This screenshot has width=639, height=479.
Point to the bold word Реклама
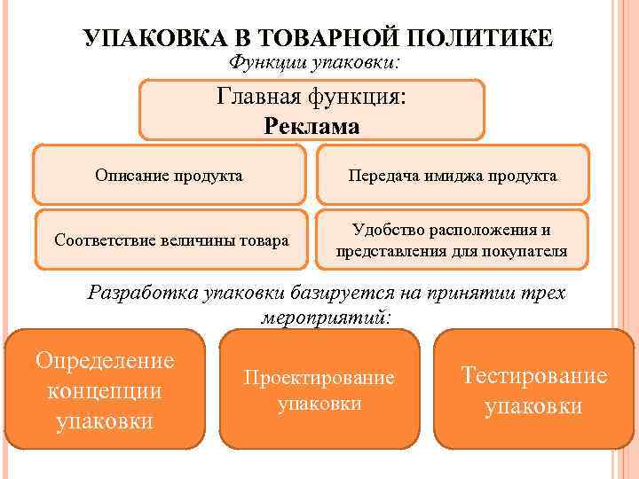coord(312,126)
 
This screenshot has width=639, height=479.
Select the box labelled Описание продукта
coord(170,175)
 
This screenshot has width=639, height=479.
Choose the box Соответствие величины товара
coord(171,239)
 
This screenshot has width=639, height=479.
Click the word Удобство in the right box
coord(390,230)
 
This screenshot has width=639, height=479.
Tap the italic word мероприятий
coord(326,317)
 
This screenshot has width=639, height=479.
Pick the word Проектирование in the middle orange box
coord(319,377)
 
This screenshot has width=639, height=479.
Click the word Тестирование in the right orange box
coord(534,375)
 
